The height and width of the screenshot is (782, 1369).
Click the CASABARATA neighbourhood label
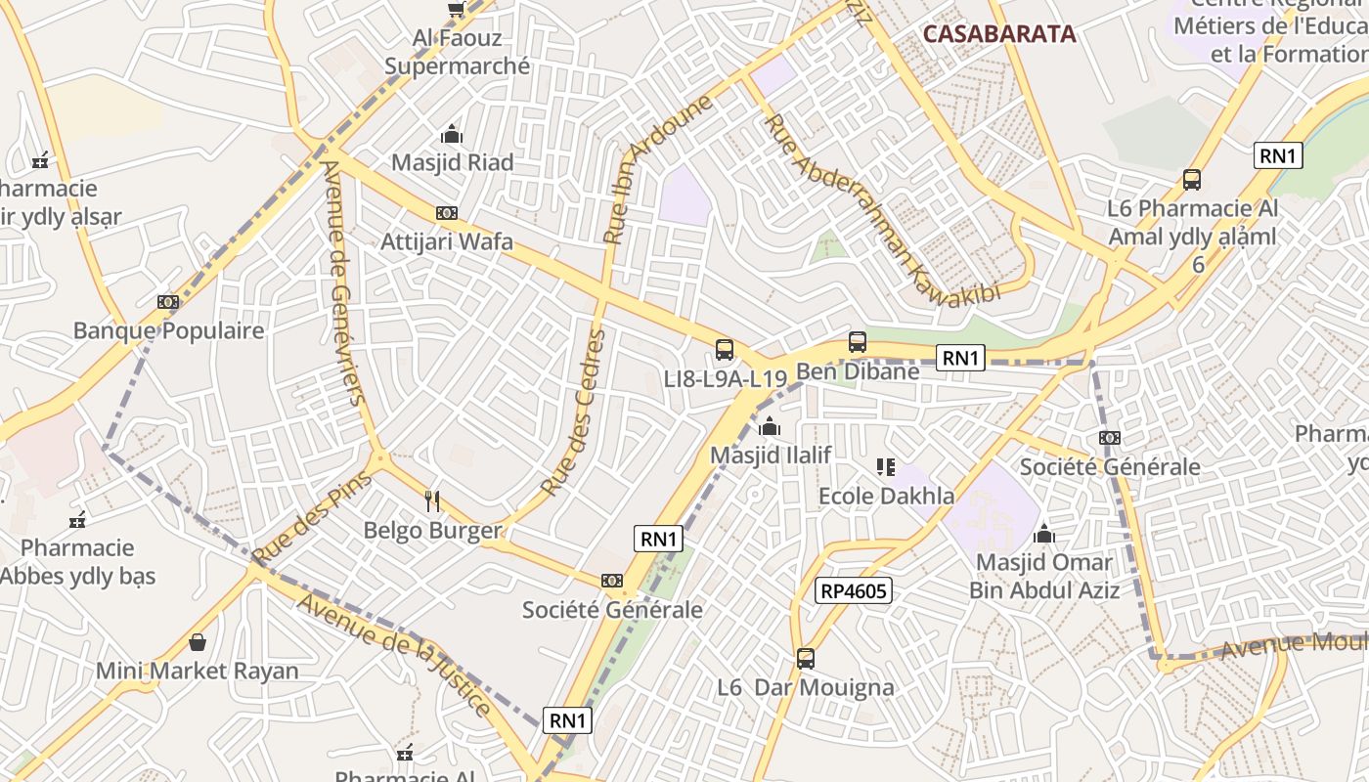point(998,34)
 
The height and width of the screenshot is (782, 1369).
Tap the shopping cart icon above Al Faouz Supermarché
point(456,9)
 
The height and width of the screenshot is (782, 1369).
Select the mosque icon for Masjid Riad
point(452,134)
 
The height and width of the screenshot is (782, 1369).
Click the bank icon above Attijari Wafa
point(447,213)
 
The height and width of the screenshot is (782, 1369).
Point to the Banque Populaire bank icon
point(168,302)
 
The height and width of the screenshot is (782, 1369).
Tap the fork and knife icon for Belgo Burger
point(432,501)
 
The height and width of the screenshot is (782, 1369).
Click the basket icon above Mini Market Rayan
point(198,642)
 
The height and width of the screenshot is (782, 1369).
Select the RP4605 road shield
point(854,590)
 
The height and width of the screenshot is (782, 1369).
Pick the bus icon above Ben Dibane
point(858,342)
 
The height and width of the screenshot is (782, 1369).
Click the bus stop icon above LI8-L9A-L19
point(725,349)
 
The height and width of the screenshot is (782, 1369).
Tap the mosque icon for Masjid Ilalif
point(770,426)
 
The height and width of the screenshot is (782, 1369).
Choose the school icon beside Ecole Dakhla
point(886,467)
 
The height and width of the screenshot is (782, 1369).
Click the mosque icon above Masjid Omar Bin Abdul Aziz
point(1044,534)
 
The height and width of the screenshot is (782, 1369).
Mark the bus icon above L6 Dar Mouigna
point(806,659)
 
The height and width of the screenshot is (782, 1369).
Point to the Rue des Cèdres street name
point(573,413)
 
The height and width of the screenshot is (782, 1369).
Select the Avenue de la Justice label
point(396,653)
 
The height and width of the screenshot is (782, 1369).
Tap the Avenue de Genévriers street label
point(343,282)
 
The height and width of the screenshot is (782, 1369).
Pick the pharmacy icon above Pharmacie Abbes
point(78,520)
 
